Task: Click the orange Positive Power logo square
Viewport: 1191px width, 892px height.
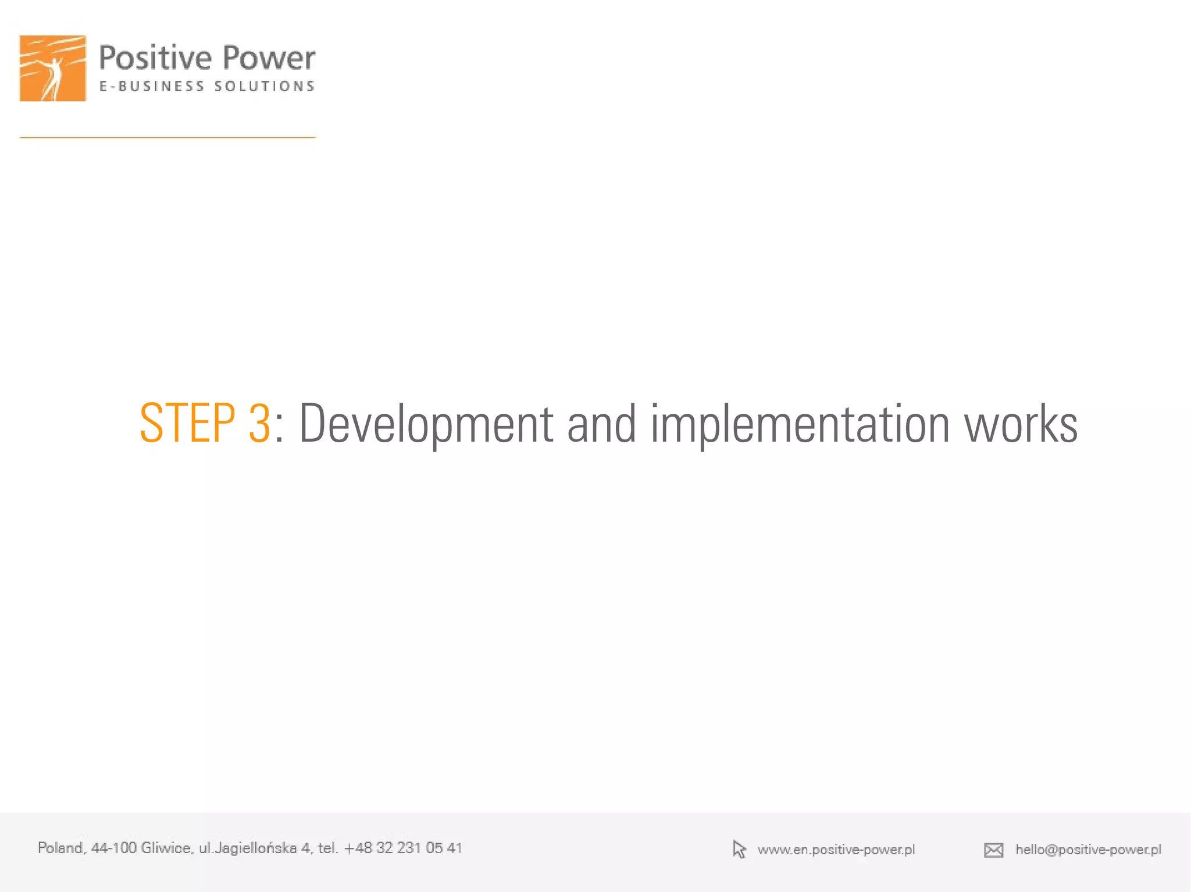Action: pos(53,68)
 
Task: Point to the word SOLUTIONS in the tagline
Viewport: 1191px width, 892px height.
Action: pos(265,87)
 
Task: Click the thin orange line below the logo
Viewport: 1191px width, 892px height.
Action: pos(168,138)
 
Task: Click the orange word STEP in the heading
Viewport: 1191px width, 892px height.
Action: pos(187,424)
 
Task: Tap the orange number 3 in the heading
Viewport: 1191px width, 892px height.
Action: pos(259,424)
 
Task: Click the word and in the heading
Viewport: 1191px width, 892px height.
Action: pos(601,424)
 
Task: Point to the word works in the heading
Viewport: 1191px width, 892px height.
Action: pos(1021,424)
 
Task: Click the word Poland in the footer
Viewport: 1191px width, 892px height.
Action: pos(62,848)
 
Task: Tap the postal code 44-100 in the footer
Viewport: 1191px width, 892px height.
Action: pos(114,848)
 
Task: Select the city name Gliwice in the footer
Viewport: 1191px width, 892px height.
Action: pos(166,848)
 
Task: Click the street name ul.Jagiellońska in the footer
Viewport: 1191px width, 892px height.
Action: pos(248,848)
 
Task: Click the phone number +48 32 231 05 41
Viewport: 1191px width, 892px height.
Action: pos(403,848)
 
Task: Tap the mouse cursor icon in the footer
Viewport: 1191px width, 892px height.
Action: pos(739,850)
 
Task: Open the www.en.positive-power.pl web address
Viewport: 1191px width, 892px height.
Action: pos(836,850)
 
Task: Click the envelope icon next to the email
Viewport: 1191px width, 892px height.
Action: pos(993,850)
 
